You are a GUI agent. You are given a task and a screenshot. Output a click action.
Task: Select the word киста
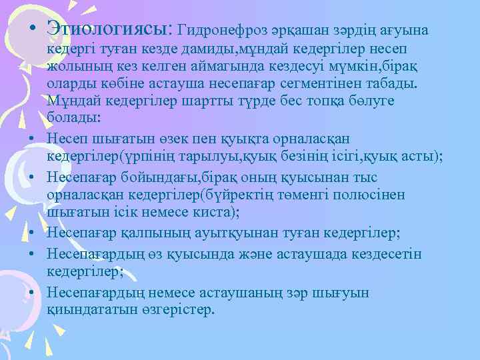pos(214,212)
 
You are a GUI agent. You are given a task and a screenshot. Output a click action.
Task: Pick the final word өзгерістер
pos(177,311)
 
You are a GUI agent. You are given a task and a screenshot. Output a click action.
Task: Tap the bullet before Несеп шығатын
pos(32,137)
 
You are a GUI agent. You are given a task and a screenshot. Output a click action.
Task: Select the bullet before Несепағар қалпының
pos(32,234)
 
